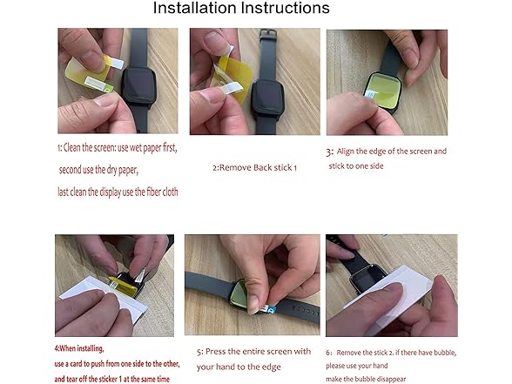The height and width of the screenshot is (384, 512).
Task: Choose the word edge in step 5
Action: click(286, 367)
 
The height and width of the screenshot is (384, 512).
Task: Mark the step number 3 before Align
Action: click(329, 152)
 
